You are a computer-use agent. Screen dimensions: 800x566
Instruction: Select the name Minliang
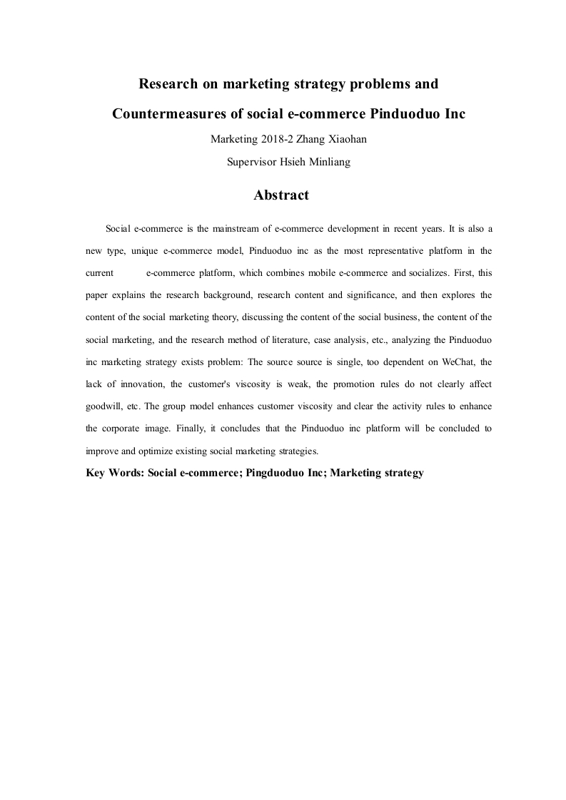point(330,162)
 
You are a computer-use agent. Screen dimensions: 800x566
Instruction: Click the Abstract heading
point(281,195)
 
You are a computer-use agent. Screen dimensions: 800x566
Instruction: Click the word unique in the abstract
point(145,251)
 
